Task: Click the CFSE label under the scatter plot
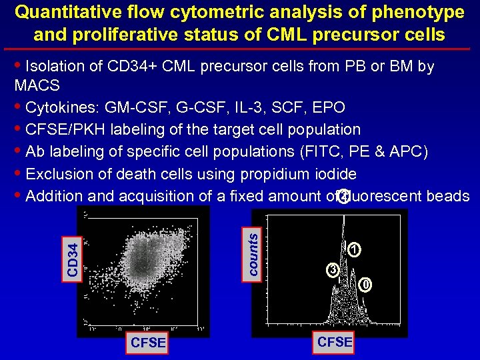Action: (149, 344)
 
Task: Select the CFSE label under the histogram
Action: (335, 342)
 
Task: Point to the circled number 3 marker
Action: (332, 270)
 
